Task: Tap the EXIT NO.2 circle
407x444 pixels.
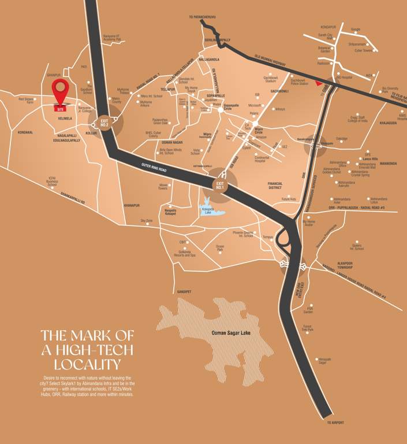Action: point(105,123)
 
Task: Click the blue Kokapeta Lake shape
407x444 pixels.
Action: point(210,209)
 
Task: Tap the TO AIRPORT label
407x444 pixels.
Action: point(335,423)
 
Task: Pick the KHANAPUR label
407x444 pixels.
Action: point(132,205)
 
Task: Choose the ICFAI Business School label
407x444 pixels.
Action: point(56,182)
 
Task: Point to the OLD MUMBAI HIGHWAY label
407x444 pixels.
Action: point(270,56)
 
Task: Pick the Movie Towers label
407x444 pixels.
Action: point(163,187)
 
